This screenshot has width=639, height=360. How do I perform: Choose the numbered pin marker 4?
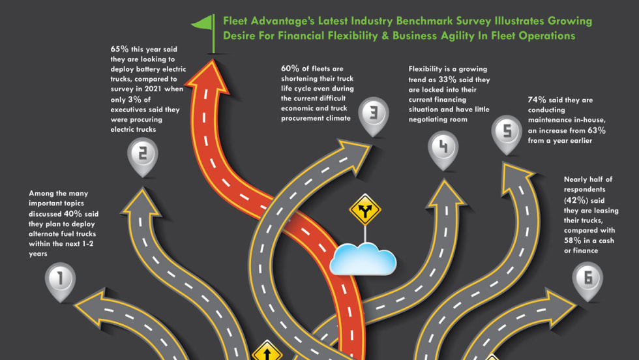[x=443, y=147]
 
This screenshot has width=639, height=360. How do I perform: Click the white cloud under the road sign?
[x=363, y=260]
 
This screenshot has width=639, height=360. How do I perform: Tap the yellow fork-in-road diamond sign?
[x=364, y=211]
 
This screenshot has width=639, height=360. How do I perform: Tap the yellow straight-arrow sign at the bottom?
[x=266, y=353]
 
